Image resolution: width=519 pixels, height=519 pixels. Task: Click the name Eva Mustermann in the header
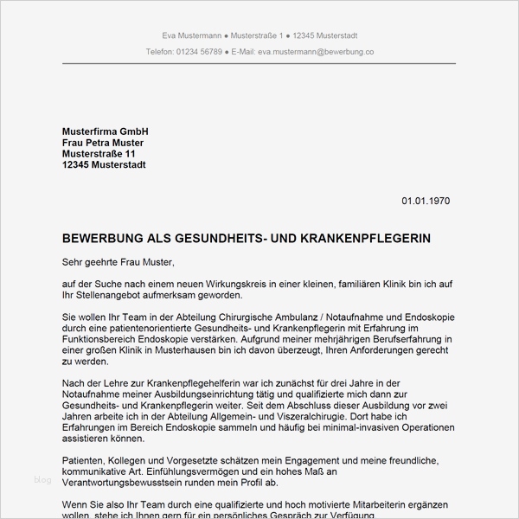191,35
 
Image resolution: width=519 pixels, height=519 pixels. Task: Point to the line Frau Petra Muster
103,143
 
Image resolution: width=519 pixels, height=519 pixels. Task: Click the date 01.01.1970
426,202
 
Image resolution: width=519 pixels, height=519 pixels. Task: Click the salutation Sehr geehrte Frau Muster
119,261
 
